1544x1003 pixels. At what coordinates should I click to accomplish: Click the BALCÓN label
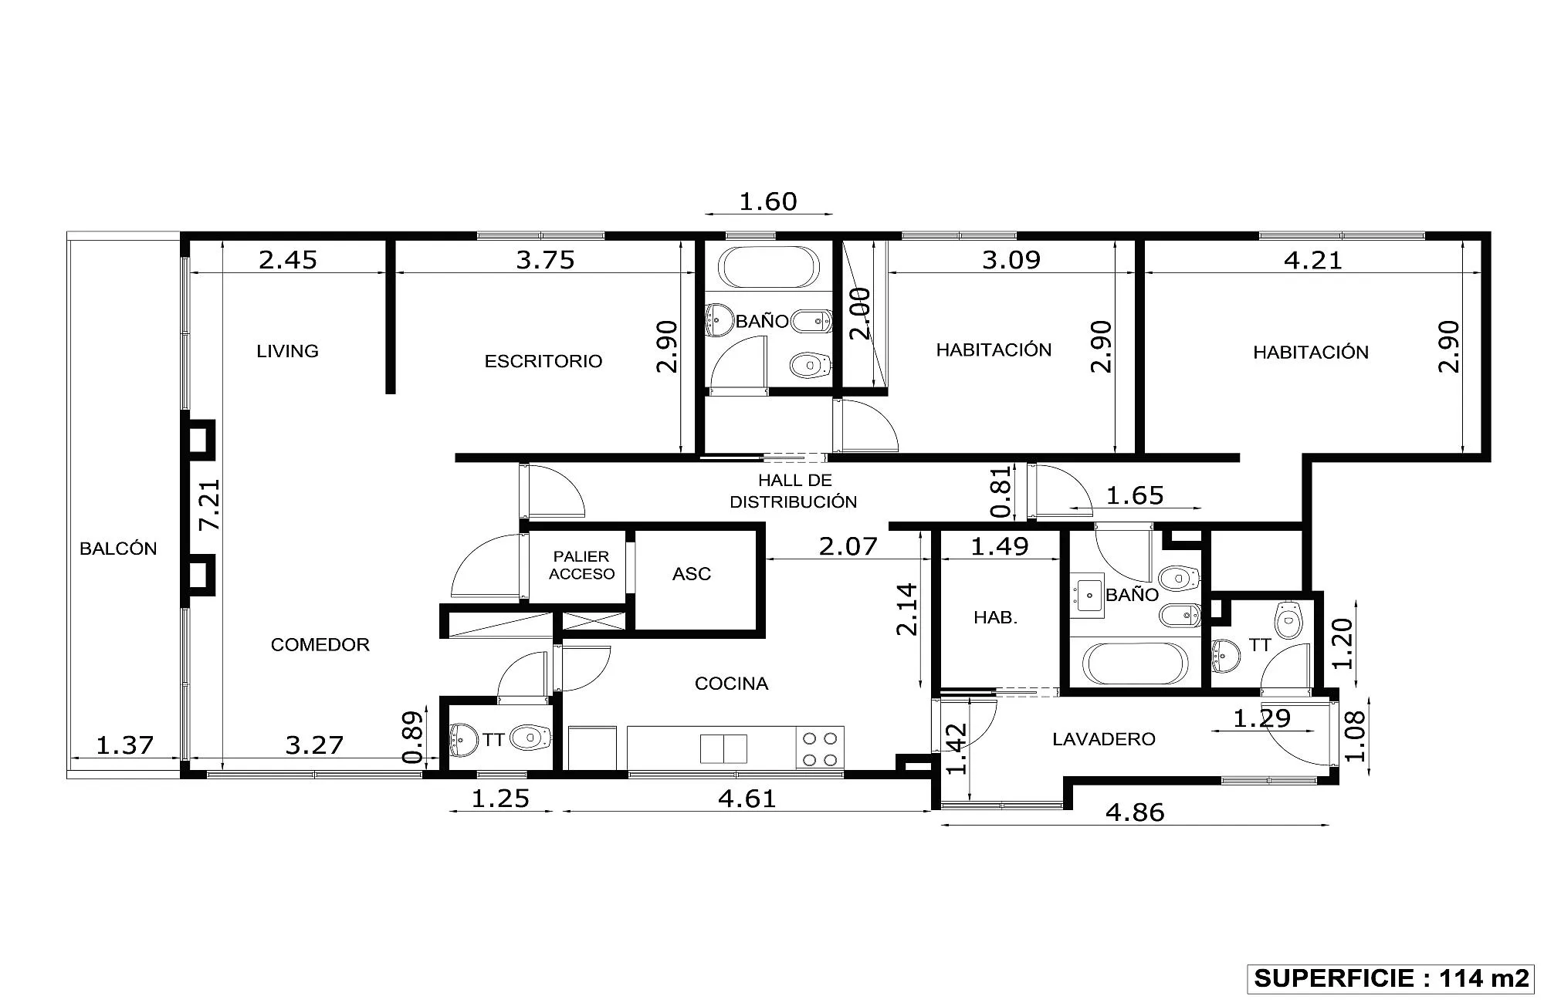click(118, 549)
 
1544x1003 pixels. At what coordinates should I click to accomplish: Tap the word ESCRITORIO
click(543, 361)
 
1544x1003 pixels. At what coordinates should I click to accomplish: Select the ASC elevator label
click(692, 574)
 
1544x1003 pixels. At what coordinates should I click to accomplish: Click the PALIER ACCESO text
click(581, 565)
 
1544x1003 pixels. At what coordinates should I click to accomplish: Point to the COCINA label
click(731, 684)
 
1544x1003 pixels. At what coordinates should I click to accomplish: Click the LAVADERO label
click(1104, 739)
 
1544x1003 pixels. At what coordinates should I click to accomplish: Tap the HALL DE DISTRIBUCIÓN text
click(794, 491)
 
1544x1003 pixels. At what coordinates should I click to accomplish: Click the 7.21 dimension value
click(210, 505)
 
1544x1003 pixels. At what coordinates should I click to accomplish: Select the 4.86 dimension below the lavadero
click(1135, 812)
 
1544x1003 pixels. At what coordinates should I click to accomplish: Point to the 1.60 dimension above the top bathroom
click(768, 201)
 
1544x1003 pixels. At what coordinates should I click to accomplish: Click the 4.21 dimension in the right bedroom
click(1313, 260)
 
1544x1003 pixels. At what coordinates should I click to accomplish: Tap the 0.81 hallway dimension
click(1001, 491)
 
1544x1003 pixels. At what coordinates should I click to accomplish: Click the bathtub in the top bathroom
click(767, 267)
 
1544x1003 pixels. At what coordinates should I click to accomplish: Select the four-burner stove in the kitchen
click(821, 748)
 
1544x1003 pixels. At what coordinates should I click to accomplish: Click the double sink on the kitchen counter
click(723, 748)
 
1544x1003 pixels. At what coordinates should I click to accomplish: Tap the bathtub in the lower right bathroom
click(1136, 664)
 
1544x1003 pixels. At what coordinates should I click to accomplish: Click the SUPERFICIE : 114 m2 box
click(1390, 978)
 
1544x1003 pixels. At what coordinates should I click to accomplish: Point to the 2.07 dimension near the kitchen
click(848, 546)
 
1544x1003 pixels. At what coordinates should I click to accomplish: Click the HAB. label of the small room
click(995, 617)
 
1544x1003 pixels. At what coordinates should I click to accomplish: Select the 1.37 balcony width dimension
click(125, 745)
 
